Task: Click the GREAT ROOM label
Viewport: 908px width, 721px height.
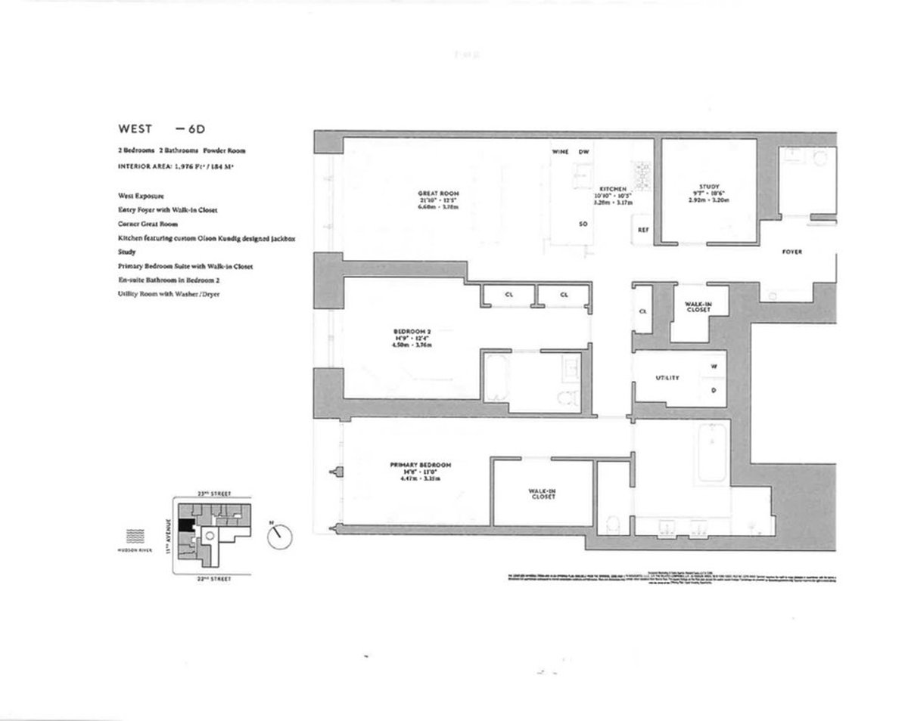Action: tap(439, 193)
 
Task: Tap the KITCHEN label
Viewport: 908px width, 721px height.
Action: tap(612, 187)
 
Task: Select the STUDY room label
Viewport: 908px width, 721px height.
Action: tap(709, 187)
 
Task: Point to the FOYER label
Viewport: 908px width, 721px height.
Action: tap(791, 252)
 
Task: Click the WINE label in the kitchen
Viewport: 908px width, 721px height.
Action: tap(560, 152)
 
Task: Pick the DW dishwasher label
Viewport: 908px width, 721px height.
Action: tap(583, 152)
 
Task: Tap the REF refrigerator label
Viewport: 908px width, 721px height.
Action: tap(643, 230)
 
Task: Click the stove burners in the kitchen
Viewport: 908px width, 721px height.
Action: tap(643, 175)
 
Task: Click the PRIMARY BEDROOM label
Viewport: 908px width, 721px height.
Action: tap(421, 464)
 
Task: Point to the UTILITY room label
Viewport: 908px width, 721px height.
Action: tap(667, 378)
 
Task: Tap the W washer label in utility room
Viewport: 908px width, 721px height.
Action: tap(714, 367)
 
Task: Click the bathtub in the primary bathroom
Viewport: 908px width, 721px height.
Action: tap(713, 453)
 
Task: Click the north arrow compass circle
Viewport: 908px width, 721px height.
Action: tap(280, 537)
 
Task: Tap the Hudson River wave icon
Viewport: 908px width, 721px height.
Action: tap(135, 537)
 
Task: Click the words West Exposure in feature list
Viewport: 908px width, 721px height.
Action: tap(141, 196)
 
